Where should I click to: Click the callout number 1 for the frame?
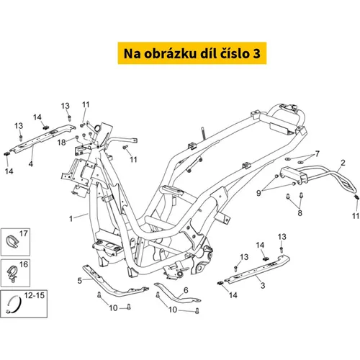pos(71,219)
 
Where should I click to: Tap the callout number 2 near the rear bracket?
pos(343,163)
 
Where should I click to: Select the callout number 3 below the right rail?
pos(263,285)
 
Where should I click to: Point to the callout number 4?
pos(31,164)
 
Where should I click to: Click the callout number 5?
pos(80,281)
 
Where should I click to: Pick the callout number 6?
pos(186,290)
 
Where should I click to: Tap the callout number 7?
pos(318,153)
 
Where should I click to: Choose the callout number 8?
pos(300,212)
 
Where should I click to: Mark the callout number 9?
pos(258,193)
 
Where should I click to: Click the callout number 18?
pos(61,143)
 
